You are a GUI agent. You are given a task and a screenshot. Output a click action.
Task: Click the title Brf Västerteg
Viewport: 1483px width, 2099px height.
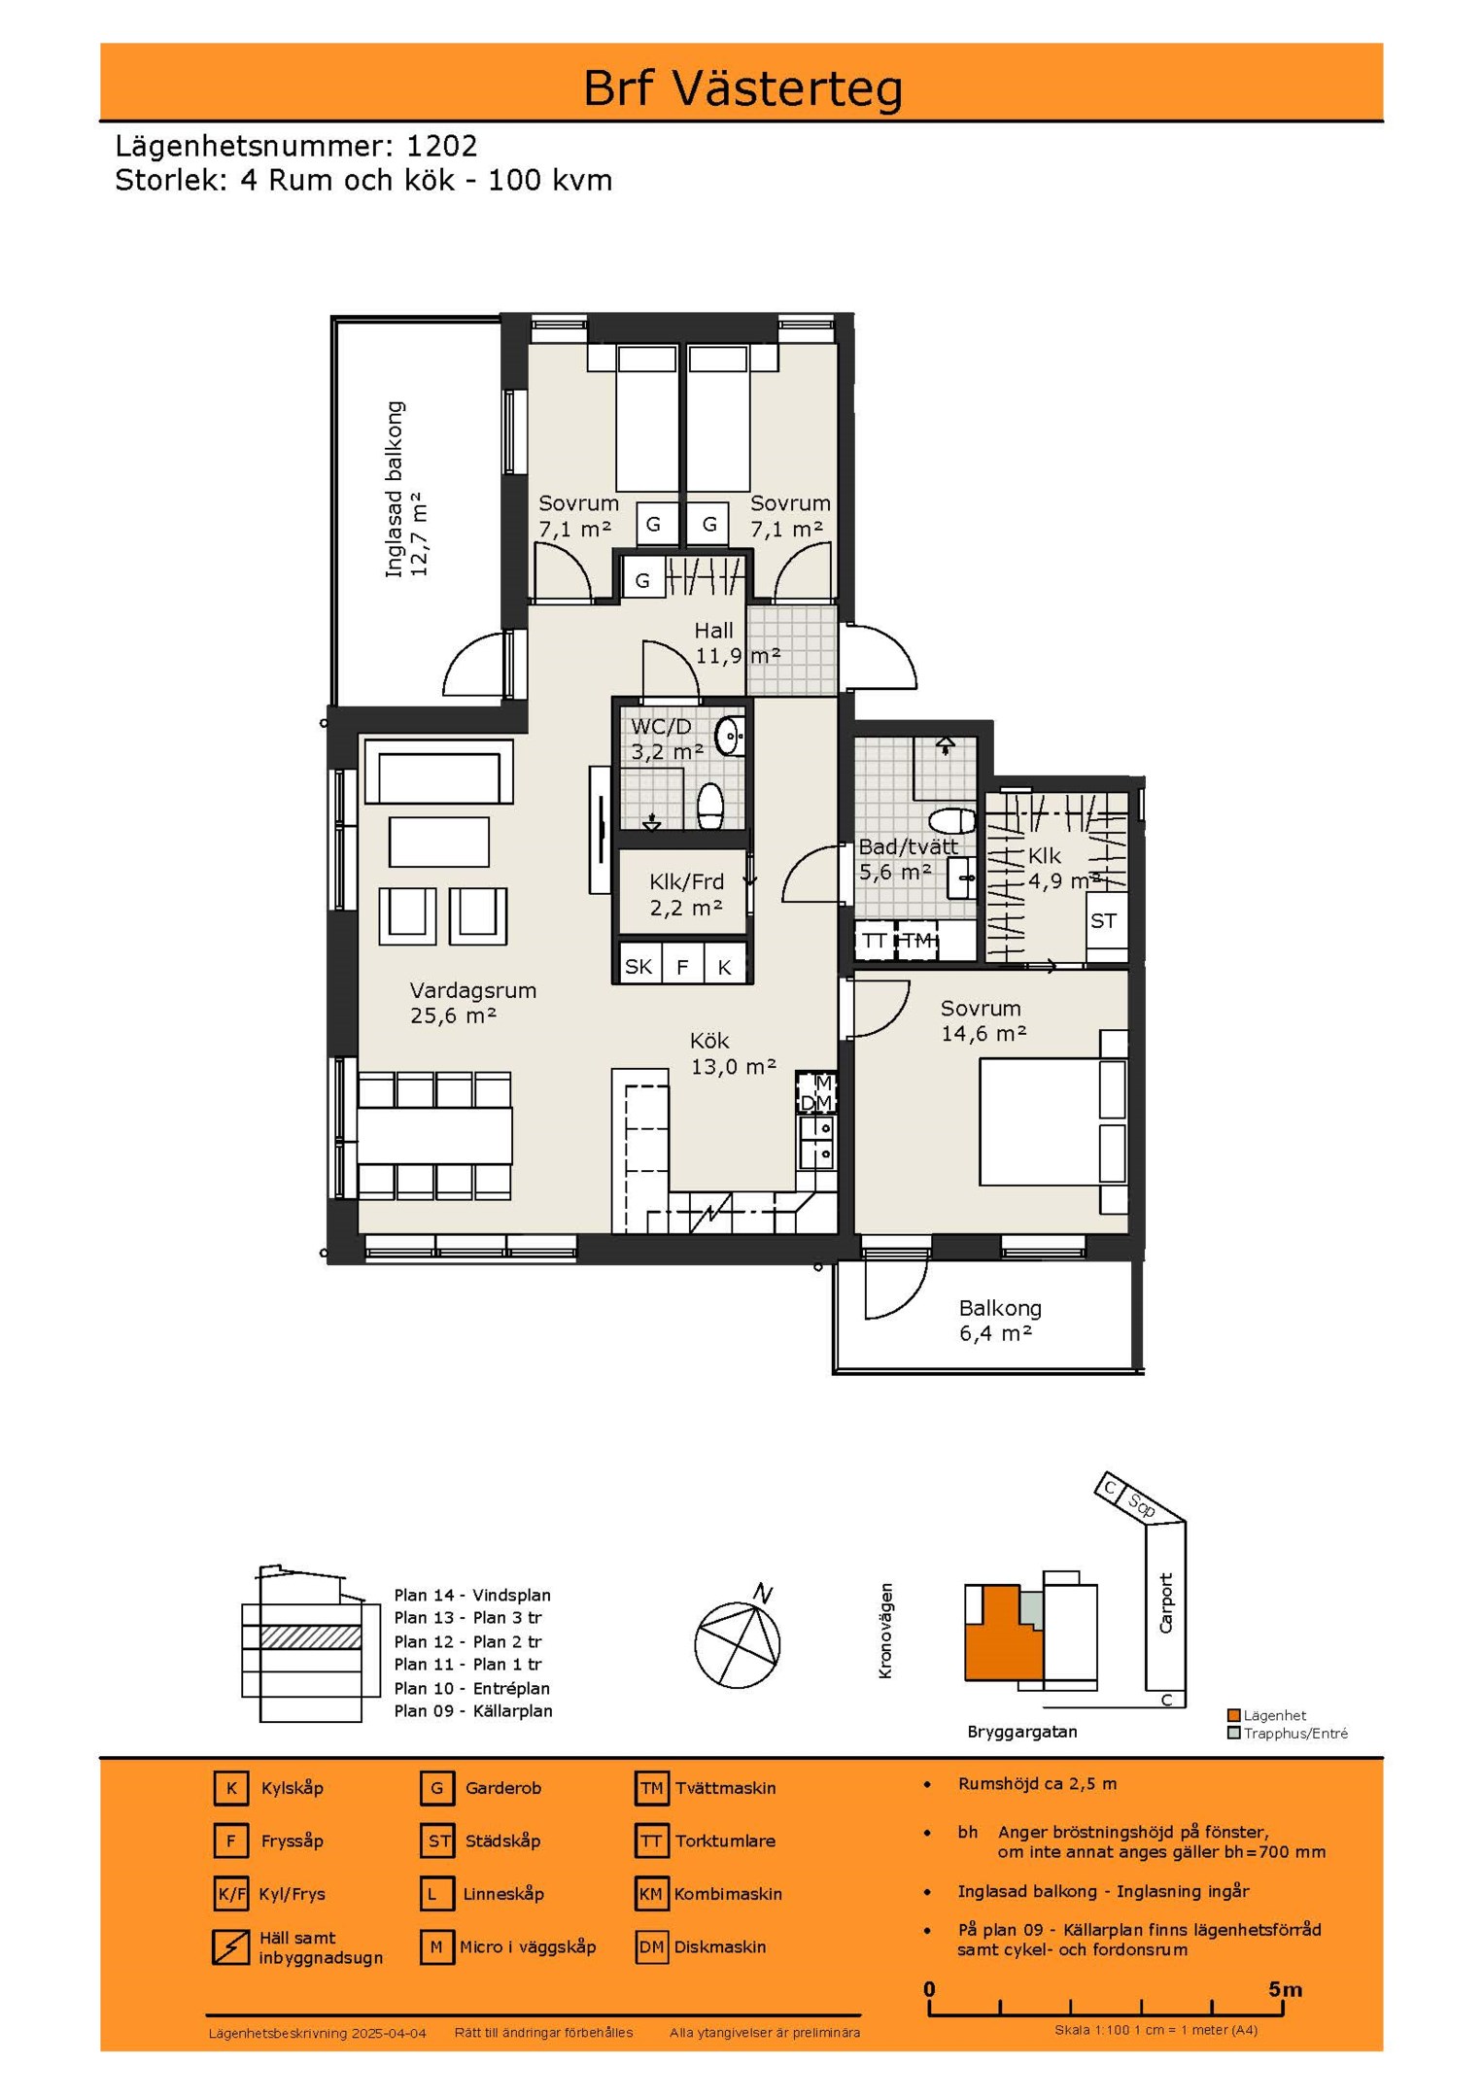[x=742, y=88]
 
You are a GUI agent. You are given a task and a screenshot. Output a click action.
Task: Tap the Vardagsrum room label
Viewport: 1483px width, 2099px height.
[x=472, y=990]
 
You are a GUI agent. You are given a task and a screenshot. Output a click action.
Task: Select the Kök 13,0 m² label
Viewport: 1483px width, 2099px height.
[x=733, y=1053]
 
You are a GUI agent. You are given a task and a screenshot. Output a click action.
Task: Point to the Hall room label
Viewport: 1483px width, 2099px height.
[x=713, y=630]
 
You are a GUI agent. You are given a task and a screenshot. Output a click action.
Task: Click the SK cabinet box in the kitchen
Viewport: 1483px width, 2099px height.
[x=639, y=966]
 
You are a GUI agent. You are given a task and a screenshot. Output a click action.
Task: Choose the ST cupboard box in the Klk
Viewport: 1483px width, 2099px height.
[x=1104, y=920]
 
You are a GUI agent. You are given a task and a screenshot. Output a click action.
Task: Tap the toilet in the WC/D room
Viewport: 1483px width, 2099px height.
[x=711, y=806]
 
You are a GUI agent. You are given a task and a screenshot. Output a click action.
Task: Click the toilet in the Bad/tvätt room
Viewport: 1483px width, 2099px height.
[x=951, y=819]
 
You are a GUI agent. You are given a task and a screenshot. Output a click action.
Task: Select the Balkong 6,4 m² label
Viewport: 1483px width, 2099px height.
[x=999, y=1321]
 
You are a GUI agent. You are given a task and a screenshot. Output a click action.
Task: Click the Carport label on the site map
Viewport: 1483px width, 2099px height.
[x=1166, y=1603]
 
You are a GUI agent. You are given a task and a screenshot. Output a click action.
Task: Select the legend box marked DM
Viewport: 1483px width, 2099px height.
[x=651, y=1946]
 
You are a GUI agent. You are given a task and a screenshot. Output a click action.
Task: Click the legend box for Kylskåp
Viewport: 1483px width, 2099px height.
[x=230, y=1788]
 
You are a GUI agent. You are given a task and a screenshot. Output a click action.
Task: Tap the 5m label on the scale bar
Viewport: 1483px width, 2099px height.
[x=1285, y=1989]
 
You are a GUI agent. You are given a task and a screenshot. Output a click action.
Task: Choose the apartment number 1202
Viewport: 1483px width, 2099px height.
[x=442, y=146]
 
